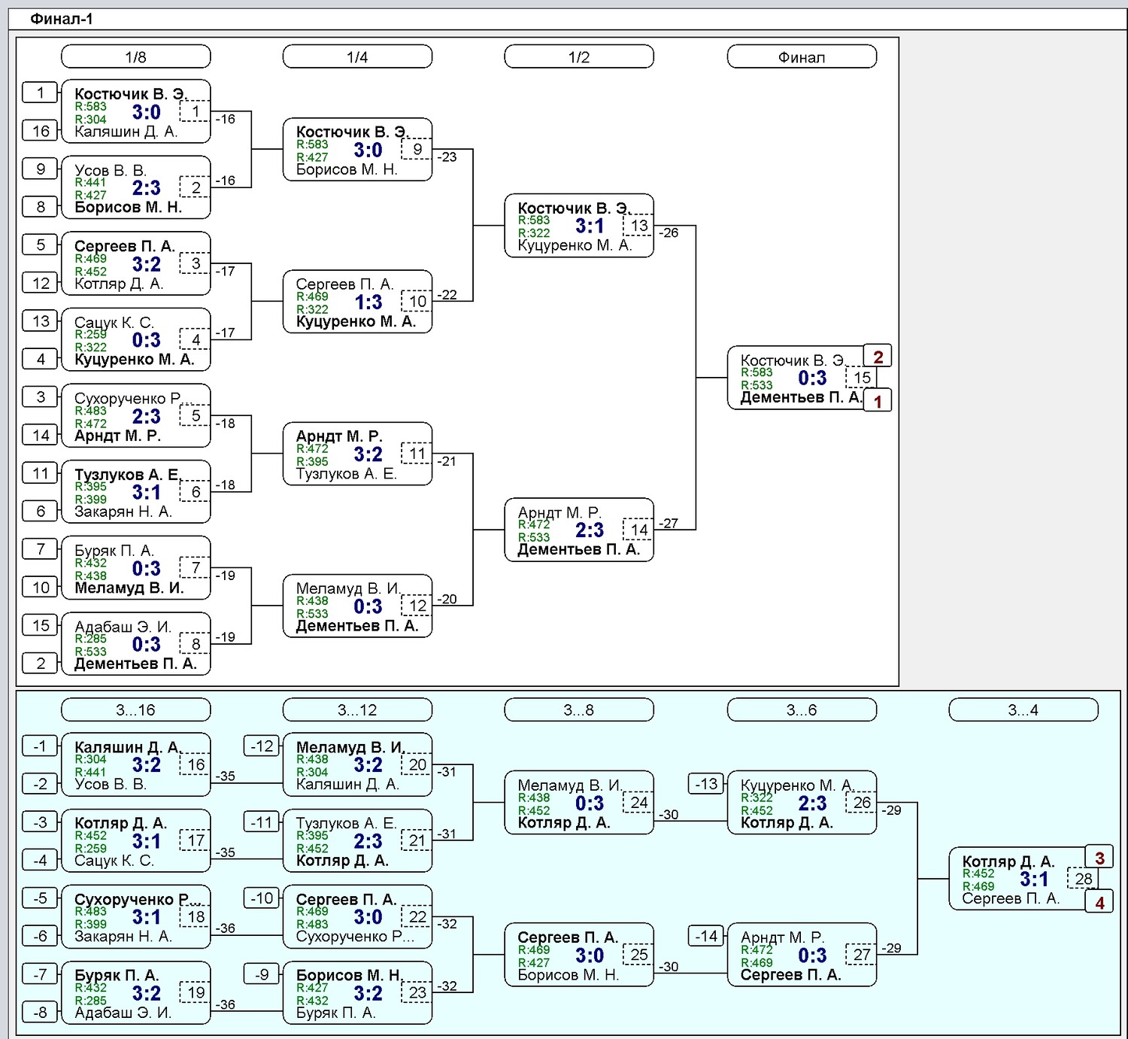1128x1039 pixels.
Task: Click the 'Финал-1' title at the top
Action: click(62, 19)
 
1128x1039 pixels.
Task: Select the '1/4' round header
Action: click(357, 57)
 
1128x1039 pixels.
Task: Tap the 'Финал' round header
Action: click(802, 57)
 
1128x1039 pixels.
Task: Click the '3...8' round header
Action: click(578, 709)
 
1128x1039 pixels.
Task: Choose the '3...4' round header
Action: click(1023, 709)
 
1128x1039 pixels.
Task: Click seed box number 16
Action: click(40, 131)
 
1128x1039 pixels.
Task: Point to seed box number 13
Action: click(40, 321)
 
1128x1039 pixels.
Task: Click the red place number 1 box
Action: click(878, 401)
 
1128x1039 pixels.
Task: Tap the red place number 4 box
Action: click(1099, 902)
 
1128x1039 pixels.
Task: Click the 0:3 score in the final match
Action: click(812, 378)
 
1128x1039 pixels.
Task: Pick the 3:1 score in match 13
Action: click(590, 226)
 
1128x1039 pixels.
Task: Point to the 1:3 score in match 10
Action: click(368, 302)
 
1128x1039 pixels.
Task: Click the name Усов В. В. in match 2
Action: click(111, 170)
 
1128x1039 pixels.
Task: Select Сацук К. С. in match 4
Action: click(114, 322)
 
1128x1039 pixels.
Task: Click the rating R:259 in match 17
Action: click(90, 848)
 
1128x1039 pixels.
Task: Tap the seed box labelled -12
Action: click(262, 746)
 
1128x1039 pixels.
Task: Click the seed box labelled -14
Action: click(705, 936)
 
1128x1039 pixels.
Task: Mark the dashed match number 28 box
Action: click(1083, 879)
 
